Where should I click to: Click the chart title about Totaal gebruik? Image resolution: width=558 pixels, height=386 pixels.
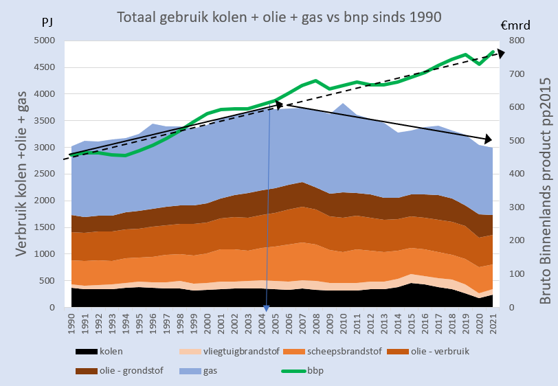[x=278, y=16]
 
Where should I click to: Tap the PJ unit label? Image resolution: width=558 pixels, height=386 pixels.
[x=47, y=23]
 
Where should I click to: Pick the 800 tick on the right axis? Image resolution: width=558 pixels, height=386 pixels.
[x=515, y=41]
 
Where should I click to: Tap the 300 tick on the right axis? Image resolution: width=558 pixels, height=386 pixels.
[x=515, y=207]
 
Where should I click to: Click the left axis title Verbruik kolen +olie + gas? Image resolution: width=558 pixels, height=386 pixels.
[x=22, y=175]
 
